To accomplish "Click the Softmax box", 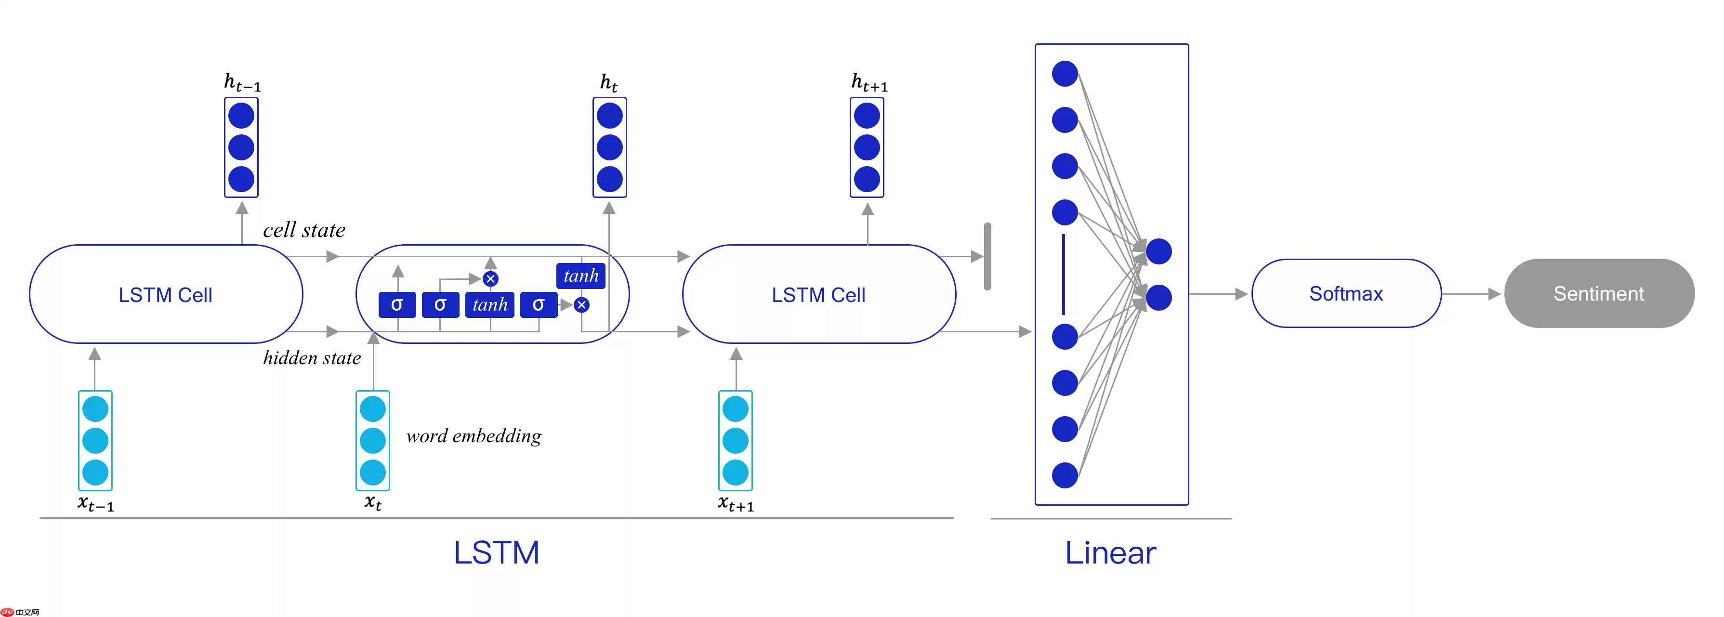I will click(x=1345, y=294).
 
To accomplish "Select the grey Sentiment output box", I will click(x=1598, y=294).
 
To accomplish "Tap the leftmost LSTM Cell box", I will click(x=165, y=294).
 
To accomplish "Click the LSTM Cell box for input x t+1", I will click(x=818, y=294).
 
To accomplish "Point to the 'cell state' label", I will click(x=304, y=230).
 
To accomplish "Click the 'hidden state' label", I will click(x=312, y=358).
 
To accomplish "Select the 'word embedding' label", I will click(x=474, y=436).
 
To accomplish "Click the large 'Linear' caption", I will click(x=1110, y=553).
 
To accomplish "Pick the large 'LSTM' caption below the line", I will click(x=496, y=553).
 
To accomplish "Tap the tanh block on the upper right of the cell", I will click(x=580, y=276).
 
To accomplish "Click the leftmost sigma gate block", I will click(x=397, y=304).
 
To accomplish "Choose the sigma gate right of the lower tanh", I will click(x=538, y=304).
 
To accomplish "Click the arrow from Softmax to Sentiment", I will click(x=1471, y=294).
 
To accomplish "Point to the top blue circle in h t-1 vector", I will click(x=241, y=116).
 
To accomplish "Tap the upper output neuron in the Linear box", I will click(x=1158, y=251).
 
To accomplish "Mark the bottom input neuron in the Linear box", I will click(x=1064, y=475).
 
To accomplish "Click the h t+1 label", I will click(x=869, y=83).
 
